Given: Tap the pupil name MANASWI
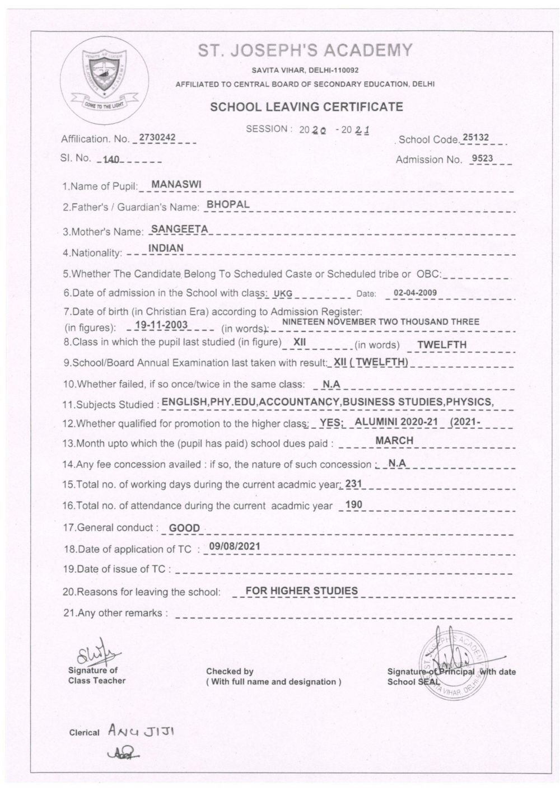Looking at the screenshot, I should [x=172, y=184].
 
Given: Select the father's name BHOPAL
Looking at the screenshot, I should [x=228, y=204].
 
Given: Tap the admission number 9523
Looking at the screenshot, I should [x=482, y=158].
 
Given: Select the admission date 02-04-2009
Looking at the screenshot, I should [x=415, y=292].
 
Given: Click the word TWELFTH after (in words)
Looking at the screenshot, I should [x=441, y=345].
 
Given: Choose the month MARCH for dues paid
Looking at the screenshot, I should [x=394, y=441].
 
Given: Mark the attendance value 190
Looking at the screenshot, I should [x=354, y=504].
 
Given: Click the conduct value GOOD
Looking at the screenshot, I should [x=184, y=527].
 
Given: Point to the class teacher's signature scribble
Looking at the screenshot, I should [x=93, y=653].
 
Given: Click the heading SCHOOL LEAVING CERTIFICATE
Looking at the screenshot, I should [x=306, y=106].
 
